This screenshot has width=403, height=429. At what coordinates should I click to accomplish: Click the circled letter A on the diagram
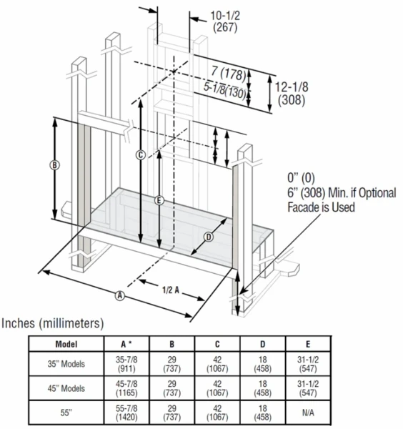coord(120,295)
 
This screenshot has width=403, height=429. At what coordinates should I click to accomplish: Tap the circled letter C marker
coord(141,154)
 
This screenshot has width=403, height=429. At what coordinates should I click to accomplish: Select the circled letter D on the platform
coord(209,237)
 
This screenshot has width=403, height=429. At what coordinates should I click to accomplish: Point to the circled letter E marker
coord(159,199)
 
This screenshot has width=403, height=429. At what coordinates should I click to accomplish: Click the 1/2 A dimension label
coord(170,290)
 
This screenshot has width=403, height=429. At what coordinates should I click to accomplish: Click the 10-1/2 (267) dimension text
coord(225,21)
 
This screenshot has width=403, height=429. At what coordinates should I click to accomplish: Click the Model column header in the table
coord(66,343)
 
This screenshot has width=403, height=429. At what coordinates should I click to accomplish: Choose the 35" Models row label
coord(66,364)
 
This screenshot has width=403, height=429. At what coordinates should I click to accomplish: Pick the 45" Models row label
coord(66,389)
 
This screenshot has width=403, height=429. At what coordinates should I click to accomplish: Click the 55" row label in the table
coord(66,413)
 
